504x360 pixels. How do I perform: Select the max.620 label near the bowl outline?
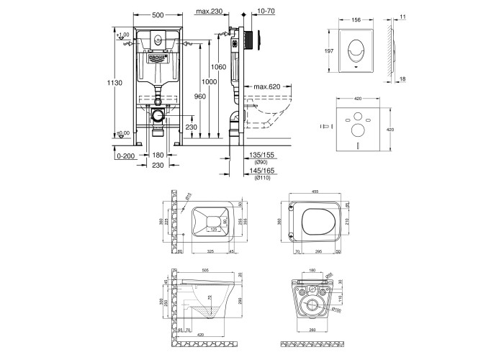coord(268,87)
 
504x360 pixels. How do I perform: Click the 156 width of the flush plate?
coord(355,21)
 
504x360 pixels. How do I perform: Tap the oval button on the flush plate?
coord(355,51)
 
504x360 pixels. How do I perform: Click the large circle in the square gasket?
coord(355,131)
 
